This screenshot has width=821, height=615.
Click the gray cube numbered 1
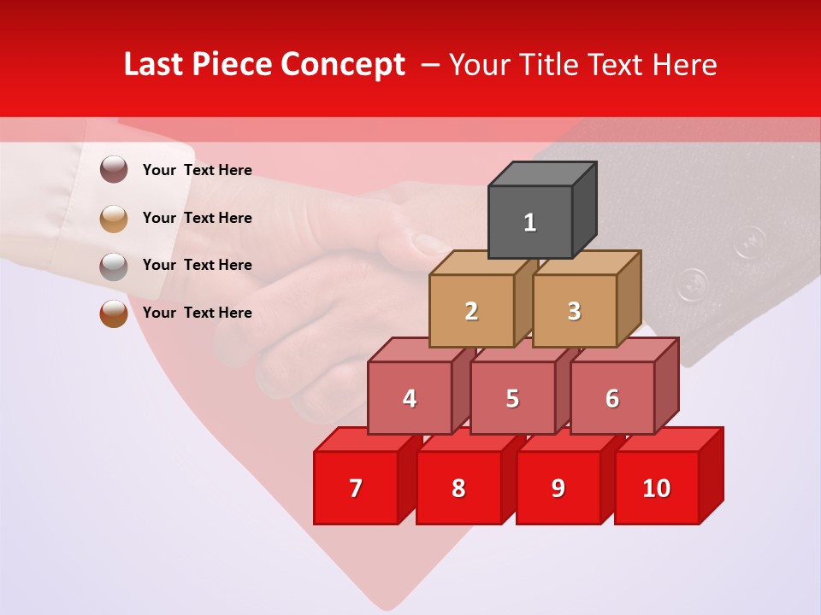(530, 222)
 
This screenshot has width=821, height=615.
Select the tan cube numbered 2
(471, 311)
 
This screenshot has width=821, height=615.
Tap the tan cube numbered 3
(574, 311)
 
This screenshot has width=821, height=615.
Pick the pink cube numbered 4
(410, 398)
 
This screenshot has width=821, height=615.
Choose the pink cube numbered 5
(512, 398)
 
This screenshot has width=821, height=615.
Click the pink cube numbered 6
(612, 398)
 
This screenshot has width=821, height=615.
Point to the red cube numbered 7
(356, 488)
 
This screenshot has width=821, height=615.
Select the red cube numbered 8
(458, 488)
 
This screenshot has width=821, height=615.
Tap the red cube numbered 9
(558, 488)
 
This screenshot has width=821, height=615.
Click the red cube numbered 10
(657, 488)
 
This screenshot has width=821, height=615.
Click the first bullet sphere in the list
(114, 170)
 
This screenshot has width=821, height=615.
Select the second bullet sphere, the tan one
(114, 218)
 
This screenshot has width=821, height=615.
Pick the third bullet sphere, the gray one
(114, 266)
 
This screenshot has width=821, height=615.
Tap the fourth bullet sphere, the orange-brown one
(114, 313)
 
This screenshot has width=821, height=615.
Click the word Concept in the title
(343, 65)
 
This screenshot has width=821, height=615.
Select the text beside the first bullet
(198, 170)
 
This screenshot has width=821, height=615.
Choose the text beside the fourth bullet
(198, 313)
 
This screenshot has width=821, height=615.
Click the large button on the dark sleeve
(692, 284)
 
